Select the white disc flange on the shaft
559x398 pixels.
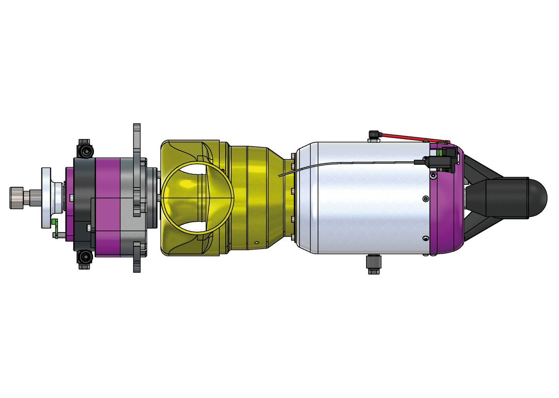tap(46, 198)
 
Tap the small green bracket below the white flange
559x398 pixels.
tap(55, 228)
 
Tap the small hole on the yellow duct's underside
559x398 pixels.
tap(256, 243)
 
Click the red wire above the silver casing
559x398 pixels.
tap(414, 138)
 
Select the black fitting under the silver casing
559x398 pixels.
tap(373, 264)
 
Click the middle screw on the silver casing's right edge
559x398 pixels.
tap(426, 199)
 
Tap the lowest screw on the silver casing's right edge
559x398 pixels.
tap(426, 238)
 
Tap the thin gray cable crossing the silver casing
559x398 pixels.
tap(348, 164)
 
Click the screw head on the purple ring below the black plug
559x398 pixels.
tap(433, 176)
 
